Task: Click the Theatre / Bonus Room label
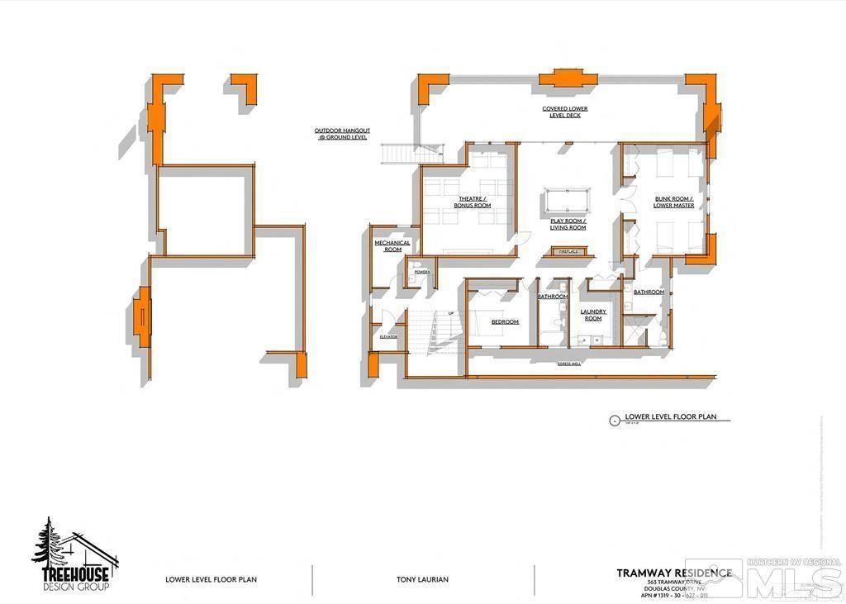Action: pos(475,202)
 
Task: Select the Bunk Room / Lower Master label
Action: pos(673,202)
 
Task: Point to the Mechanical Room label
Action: pos(387,245)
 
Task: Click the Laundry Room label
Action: pos(593,315)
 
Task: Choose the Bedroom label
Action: pos(505,321)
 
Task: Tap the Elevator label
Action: pos(388,337)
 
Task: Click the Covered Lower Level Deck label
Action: pos(566,112)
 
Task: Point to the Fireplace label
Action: pos(568,250)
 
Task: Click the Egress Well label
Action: pos(569,364)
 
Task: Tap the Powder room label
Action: pos(421,271)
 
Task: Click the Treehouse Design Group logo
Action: pos(73,555)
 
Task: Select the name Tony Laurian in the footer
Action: pos(421,580)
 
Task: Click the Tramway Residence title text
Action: pos(673,573)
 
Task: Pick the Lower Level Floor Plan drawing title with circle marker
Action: pos(669,418)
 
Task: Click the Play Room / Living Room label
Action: pos(568,224)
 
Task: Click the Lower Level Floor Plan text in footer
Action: pos(211,580)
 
